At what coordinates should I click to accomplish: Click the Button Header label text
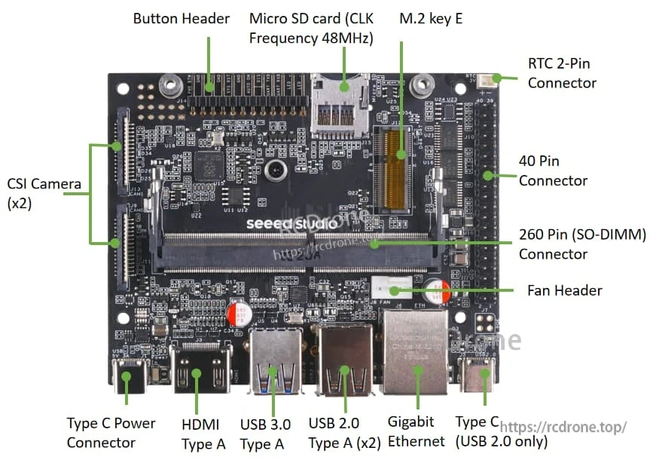181,19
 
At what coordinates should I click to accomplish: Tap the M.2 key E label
430,19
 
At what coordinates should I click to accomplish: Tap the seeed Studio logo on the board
283,224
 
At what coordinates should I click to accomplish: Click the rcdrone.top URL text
563,428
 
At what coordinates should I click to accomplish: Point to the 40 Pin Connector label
553,170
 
